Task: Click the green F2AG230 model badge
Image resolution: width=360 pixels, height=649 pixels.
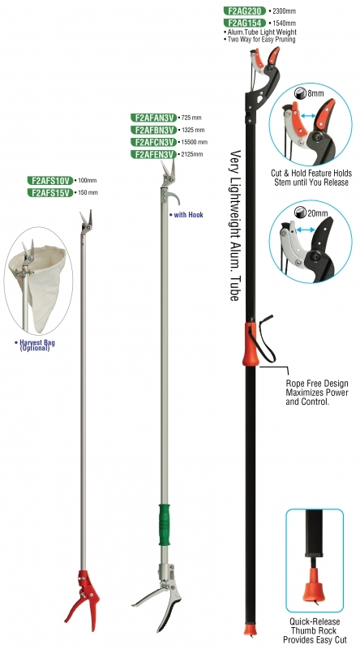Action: click(245, 11)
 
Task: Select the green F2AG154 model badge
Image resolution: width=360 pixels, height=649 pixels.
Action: click(245, 24)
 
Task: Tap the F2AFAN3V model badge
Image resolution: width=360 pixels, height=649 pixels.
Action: click(153, 118)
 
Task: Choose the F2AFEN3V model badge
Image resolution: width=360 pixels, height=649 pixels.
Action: click(153, 154)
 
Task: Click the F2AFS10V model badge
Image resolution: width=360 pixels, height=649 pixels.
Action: click(50, 180)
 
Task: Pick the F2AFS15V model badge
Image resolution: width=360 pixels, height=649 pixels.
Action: click(50, 192)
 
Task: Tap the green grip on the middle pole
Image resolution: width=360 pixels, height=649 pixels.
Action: click(165, 525)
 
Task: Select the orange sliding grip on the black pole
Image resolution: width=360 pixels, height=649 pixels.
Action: click(251, 345)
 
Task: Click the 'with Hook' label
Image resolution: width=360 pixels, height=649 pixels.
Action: click(186, 215)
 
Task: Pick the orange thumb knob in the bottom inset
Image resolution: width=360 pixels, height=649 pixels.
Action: click(314, 584)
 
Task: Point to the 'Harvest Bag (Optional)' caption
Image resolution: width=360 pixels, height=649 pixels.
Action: click(35, 346)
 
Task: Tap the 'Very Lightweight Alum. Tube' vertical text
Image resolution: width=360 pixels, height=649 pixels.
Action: click(234, 226)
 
